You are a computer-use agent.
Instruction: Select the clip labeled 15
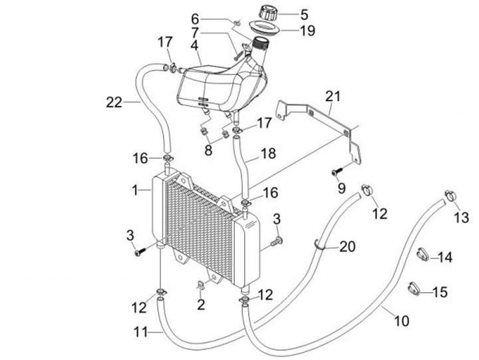coord(414,288)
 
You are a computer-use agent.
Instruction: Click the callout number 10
coord(402,321)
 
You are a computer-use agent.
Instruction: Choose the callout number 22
coord(114,102)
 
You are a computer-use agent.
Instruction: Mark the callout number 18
coord(267,154)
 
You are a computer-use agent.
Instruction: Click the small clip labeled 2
coord(199,287)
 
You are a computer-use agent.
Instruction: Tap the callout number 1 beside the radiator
coord(135,190)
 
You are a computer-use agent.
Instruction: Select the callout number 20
coord(347,247)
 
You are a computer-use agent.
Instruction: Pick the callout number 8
coord(208,150)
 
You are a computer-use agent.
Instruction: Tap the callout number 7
coord(194,31)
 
